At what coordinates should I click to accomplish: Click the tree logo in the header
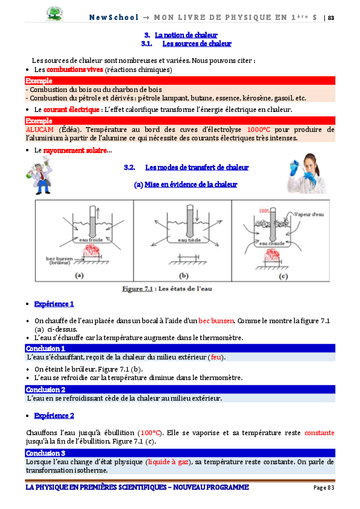click(54, 14)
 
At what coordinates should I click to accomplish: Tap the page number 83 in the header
click(331, 18)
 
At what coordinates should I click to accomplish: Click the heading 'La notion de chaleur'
click(186, 35)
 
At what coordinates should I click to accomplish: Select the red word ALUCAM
click(39, 130)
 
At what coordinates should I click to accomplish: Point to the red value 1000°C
click(258, 130)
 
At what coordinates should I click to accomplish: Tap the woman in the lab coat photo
click(307, 173)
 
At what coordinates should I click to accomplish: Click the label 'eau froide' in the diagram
click(91, 240)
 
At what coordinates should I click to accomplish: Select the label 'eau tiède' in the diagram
click(189, 240)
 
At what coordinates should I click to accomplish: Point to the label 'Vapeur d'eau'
click(309, 214)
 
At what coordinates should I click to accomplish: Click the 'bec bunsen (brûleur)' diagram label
click(59, 260)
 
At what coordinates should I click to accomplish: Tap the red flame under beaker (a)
click(91, 251)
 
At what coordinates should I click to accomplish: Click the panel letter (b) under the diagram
click(184, 275)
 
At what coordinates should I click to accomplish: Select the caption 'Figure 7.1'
click(137, 289)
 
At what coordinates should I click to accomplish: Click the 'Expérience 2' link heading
click(54, 416)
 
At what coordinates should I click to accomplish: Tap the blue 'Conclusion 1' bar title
click(45, 349)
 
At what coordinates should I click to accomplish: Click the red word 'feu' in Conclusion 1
click(216, 357)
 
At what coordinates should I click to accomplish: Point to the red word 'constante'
click(319, 433)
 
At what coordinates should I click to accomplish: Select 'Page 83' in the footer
click(324, 487)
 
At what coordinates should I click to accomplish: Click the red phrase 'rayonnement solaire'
click(75, 150)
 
